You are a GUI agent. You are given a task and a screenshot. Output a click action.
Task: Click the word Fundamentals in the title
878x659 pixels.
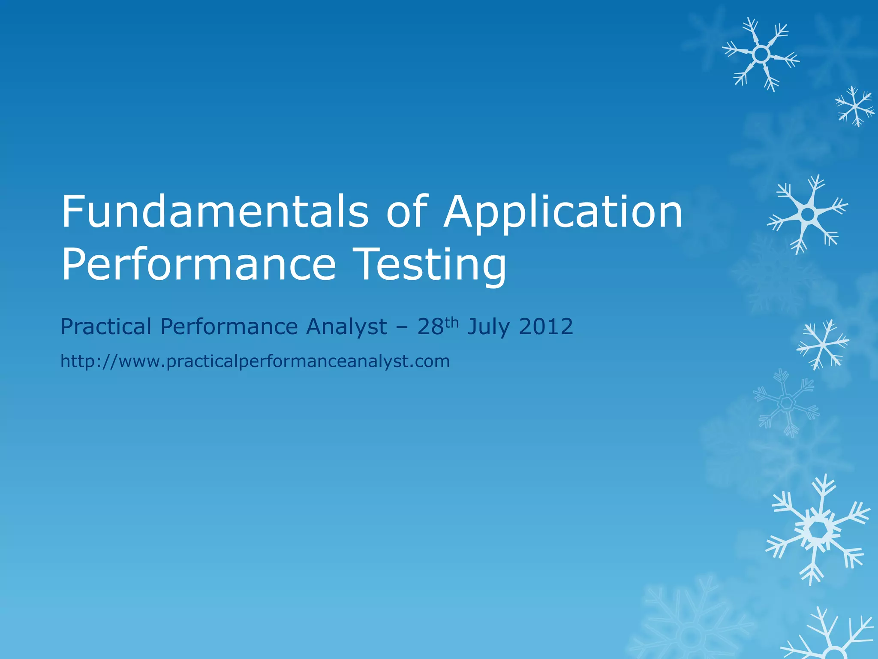(x=214, y=212)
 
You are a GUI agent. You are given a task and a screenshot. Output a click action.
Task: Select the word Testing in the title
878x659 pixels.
(x=431, y=265)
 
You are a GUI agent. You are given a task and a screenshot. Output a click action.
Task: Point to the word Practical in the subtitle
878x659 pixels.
(x=106, y=327)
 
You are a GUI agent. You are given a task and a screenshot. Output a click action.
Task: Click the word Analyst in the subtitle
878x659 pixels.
(x=346, y=327)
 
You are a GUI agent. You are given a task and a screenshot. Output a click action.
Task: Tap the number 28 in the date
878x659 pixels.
(x=430, y=327)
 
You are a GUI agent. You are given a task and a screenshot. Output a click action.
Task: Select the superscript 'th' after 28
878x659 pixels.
(x=451, y=322)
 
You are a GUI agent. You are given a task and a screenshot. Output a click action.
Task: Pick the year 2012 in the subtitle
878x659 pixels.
(x=546, y=327)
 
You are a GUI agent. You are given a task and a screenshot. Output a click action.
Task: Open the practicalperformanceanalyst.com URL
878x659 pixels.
(x=255, y=362)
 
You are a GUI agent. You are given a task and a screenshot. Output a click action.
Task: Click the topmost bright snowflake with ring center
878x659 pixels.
(x=761, y=54)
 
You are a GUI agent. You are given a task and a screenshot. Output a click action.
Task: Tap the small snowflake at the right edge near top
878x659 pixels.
(x=855, y=106)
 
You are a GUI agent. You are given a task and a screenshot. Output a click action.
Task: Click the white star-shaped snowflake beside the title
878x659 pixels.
(x=808, y=214)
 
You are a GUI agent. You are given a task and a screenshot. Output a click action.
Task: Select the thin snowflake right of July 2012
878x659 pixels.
(x=822, y=344)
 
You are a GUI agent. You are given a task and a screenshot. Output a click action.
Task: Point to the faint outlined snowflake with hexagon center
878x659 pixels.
(x=786, y=402)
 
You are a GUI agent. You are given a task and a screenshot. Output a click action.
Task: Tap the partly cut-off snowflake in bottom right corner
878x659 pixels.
(x=832, y=639)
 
